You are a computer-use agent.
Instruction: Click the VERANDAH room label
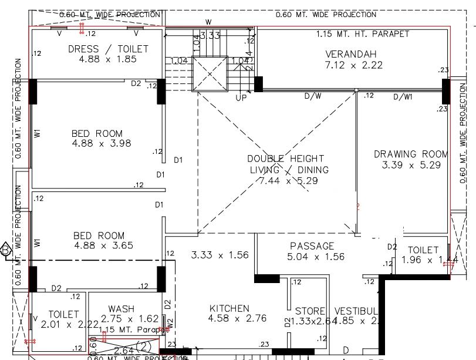(350, 55)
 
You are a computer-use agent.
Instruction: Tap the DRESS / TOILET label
(108, 49)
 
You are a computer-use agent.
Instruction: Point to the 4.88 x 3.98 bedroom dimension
(102, 143)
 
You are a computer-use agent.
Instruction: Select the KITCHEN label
(229, 308)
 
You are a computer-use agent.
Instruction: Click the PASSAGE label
(312, 246)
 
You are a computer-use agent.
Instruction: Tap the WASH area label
(121, 309)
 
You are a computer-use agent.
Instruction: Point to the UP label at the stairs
(241, 98)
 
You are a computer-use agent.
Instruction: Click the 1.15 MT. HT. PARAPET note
(362, 34)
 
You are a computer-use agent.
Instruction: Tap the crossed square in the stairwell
(210, 75)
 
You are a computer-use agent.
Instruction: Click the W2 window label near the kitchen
(170, 322)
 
